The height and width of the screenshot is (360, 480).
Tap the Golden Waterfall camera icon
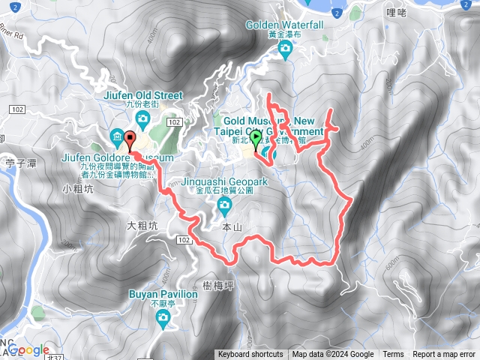(x=284, y=49)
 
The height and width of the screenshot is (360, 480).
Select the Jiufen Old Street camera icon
(x=142, y=117)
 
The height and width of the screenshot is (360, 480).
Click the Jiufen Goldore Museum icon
(x=118, y=136)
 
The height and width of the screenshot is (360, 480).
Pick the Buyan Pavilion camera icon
(x=163, y=318)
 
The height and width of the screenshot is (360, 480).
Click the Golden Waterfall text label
(x=284, y=25)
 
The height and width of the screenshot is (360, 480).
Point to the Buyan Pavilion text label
(x=163, y=295)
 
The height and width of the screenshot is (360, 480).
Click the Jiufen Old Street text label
(x=143, y=95)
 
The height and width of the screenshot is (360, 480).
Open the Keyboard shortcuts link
(x=250, y=355)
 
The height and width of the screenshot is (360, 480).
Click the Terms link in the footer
(x=393, y=355)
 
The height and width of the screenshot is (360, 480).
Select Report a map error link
(x=444, y=355)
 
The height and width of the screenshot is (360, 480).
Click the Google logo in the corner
(x=28, y=349)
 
